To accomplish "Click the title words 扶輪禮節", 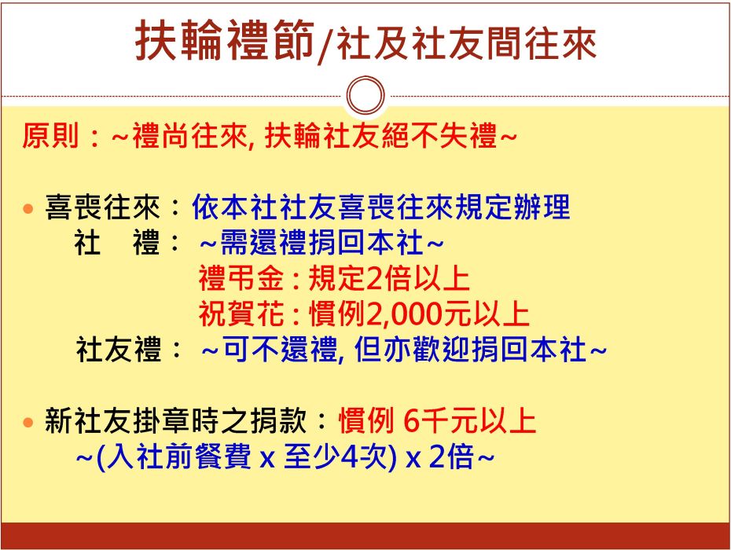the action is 225,41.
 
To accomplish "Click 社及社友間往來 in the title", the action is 467,44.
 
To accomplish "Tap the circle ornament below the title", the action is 365,96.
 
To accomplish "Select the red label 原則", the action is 50,136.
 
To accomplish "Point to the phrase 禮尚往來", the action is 190,136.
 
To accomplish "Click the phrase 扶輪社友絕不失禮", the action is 381,136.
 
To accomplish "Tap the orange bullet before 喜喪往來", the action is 28,208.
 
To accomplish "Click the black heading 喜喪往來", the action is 102,207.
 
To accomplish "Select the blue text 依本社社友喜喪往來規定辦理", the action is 381,207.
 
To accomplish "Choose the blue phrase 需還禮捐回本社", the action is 321,243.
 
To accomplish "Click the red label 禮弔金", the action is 241,278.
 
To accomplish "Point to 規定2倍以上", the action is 389,278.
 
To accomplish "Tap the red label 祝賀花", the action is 241,313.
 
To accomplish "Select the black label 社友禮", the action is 119,350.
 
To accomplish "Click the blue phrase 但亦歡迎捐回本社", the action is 470,350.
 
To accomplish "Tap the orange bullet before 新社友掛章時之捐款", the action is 28,422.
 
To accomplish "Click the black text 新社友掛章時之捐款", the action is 176,420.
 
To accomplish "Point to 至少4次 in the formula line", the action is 336,456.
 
